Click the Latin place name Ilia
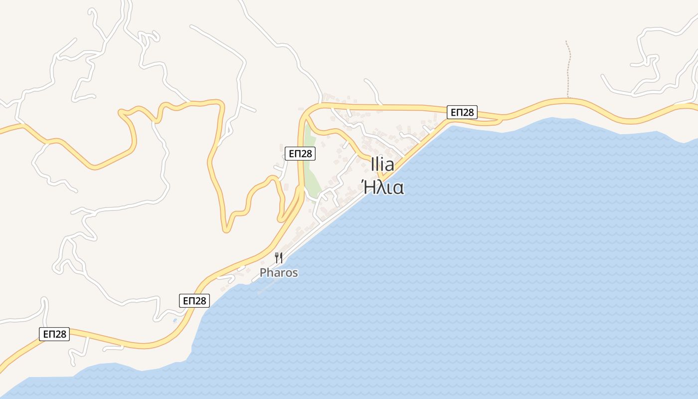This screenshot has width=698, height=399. pos(382,165)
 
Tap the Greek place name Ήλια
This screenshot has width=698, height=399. pos(382,188)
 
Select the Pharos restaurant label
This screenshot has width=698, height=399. pos(279,273)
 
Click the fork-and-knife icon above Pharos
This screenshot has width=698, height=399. pos(279,258)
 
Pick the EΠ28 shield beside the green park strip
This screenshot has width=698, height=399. pos(300,153)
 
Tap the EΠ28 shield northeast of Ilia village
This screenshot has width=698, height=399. pos(462,112)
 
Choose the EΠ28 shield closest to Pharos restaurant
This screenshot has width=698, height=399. pos(194,300)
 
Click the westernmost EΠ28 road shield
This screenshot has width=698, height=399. pos(54,334)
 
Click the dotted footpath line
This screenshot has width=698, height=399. pos(568,70)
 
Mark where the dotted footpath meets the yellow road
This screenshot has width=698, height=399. pos(568,98)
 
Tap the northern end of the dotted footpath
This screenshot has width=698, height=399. pos(566,41)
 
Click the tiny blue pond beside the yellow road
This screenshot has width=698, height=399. pos(174,320)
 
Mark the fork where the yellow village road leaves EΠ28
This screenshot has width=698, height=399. pos(305,117)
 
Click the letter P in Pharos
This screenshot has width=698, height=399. pos(263,273)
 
